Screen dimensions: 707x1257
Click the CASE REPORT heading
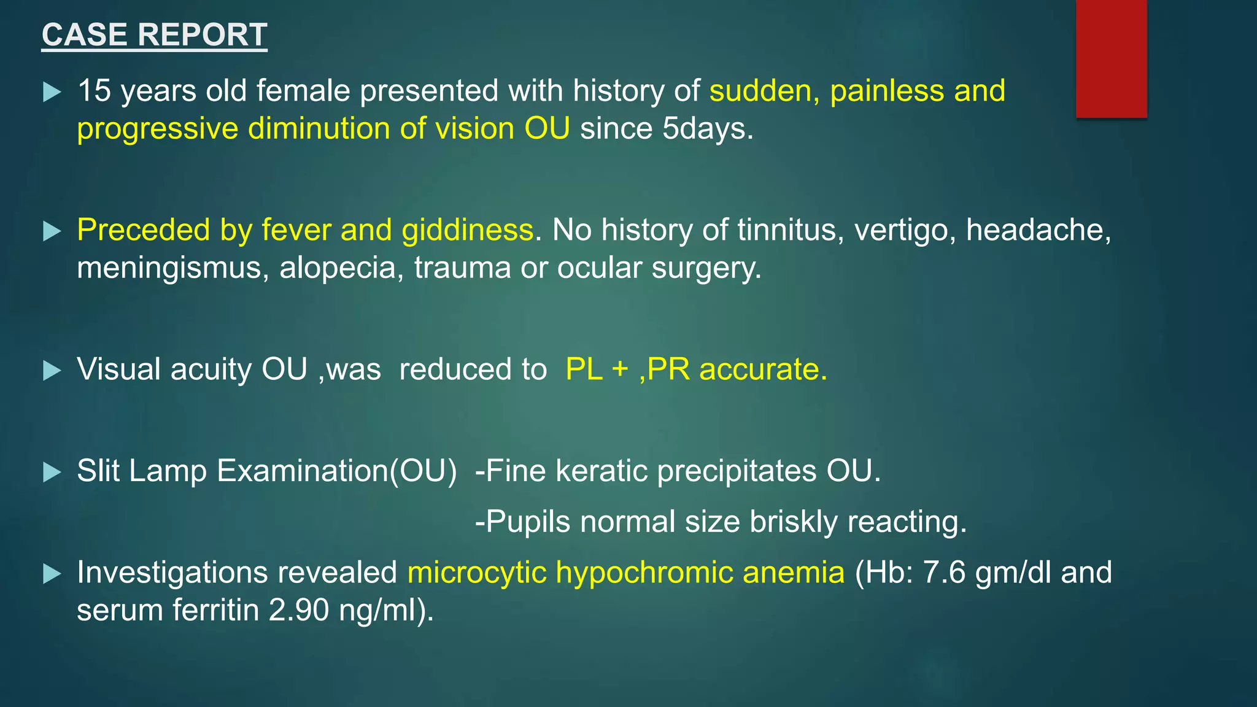click(154, 35)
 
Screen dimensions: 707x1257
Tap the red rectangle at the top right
click(1111, 58)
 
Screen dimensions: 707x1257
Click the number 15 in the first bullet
click(94, 91)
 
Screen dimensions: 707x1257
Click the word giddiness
click(468, 230)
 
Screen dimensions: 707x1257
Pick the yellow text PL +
click(597, 369)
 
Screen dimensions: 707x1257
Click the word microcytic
click(476, 573)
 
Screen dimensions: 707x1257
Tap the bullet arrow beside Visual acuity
click(52, 371)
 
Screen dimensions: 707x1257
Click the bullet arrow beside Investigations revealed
click(52, 574)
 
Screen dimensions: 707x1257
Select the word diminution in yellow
click(319, 129)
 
